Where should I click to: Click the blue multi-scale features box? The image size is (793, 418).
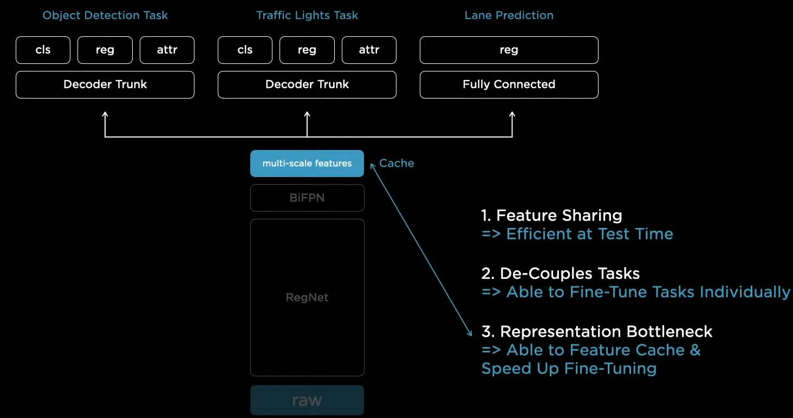[x=307, y=164]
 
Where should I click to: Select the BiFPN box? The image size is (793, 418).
[x=307, y=198]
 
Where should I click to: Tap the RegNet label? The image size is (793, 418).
[x=307, y=297]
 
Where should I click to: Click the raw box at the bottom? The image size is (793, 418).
[x=307, y=400]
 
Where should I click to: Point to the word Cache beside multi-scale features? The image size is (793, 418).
[x=396, y=164]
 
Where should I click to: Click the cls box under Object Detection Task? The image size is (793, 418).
[x=43, y=50]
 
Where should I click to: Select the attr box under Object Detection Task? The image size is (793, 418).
[x=167, y=50]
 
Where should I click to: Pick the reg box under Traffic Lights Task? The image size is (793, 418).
[x=307, y=50]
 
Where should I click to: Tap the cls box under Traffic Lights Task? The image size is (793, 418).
[x=245, y=50]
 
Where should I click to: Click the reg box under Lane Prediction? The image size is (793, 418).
[x=509, y=50]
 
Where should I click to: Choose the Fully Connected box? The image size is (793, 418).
[x=509, y=84]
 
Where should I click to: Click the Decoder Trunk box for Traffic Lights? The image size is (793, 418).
[x=307, y=84]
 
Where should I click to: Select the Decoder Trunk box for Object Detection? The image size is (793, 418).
[x=105, y=84]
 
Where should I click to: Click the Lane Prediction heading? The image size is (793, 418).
[x=509, y=15]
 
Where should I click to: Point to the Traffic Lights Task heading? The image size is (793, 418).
[x=307, y=15]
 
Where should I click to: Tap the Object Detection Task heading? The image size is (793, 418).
[x=105, y=15]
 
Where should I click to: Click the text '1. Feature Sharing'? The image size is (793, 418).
[x=551, y=215]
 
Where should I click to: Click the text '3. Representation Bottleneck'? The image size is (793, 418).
[x=597, y=331]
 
